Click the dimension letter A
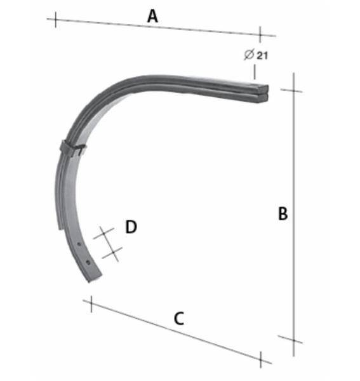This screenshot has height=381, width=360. point(152,16)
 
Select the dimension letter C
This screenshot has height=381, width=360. point(179,318)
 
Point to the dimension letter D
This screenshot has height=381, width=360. point(131,227)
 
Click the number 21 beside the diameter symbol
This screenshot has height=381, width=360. point(262,55)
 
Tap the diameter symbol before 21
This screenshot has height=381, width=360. point(249,55)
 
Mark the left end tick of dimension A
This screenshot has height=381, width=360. point(55,20)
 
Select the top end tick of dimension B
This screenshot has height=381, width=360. point(293,90)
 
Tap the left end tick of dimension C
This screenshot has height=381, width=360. point(92,304)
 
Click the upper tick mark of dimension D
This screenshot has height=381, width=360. point(103,234)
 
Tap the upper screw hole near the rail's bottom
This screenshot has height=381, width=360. point(78,242)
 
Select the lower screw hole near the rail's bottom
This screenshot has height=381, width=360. point(81,258)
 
